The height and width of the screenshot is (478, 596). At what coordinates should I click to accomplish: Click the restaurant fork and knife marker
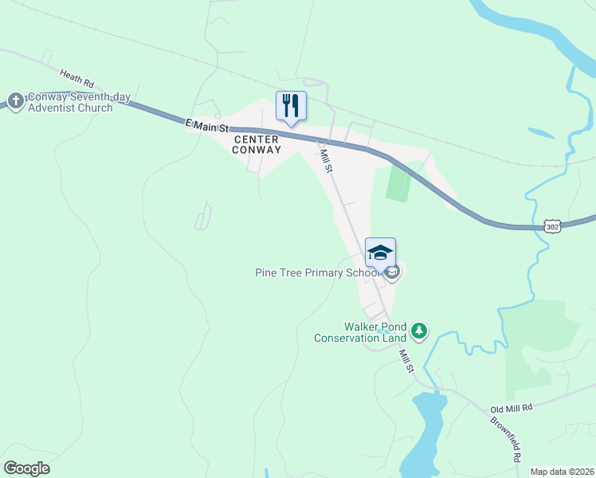[x=291, y=105]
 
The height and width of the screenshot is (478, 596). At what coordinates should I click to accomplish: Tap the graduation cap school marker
[x=380, y=253]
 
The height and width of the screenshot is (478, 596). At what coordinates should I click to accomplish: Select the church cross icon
[x=14, y=101]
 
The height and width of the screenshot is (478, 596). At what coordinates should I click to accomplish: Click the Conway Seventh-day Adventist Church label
[x=69, y=102]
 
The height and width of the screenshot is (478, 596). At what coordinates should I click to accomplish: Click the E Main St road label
[x=206, y=125]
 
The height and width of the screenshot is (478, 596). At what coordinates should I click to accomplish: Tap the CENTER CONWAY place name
[x=257, y=144]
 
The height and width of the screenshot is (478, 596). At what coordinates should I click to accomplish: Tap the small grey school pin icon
[x=392, y=273]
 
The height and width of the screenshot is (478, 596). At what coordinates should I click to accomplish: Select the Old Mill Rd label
[x=511, y=407]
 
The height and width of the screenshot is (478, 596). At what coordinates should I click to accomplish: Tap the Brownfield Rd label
[x=507, y=439]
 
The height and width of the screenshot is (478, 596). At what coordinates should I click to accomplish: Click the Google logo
[x=26, y=468]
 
